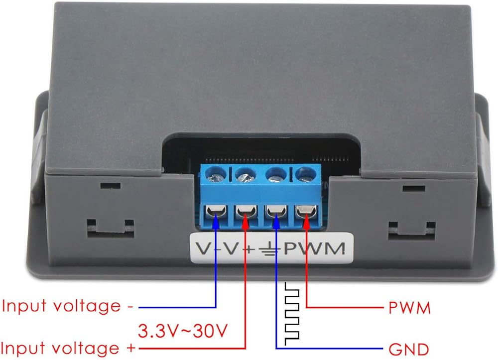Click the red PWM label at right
click(410, 308)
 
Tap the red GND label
click(409, 350)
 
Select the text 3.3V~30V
click(183, 331)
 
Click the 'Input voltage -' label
click(67, 306)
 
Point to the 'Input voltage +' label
click(68, 348)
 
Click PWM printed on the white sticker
click(314, 248)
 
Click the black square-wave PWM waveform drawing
click(292, 314)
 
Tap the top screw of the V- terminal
click(216, 175)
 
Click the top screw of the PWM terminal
click(306, 175)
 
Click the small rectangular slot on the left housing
click(110, 185)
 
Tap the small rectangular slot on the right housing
click(414, 189)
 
